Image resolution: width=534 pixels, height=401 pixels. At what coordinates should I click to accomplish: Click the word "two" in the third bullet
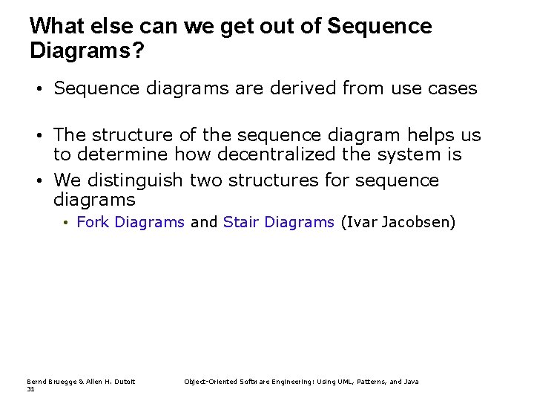[x=206, y=180]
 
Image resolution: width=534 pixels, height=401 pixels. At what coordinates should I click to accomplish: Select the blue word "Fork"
[x=93, y=222]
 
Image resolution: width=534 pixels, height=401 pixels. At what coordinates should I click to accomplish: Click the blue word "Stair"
[x=241, y=222]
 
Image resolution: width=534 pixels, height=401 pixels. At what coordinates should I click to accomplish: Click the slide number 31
[x=30, y=388]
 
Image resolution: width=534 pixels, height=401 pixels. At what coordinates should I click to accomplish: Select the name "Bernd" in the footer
[x=36, y=382]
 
